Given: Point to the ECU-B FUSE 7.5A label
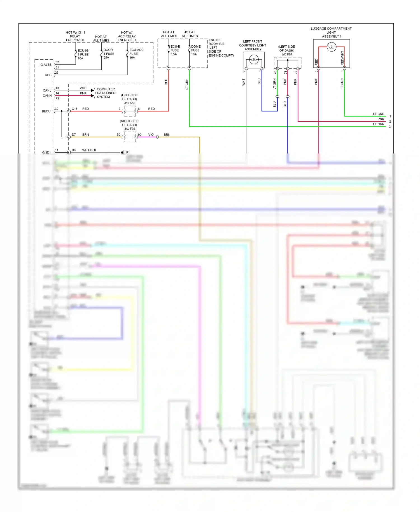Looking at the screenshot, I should pyautogui.click(x=175, y=50).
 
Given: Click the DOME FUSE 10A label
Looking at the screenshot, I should pyautogui.click(x=195, y=50).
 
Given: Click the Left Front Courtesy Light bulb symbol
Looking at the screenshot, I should pyautogui.click(x=254, y=59).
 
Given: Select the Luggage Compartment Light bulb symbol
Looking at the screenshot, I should pyautogui.click(x=332, y=47).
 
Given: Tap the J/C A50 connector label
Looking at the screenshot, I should pyautogui.click(x=130, y=103).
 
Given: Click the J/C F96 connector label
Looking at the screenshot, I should pyautogui.click(x=130, y=129).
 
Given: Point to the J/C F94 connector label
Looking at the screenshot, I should pyautogui.click(x=287, y=54).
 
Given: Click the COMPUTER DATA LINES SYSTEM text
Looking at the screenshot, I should pyautogui.click(x=106, y=93).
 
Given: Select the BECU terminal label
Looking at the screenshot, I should pyautogui.click(x=46, y=111).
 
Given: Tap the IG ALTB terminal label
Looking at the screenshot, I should pyautogui.click(x=45, y=65).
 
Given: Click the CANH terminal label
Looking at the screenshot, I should pyautogui.click(x=47, y=96).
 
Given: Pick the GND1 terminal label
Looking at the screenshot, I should pyautogui.click(x=46, y=152).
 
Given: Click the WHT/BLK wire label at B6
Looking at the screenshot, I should pyautogui.click(x=89, y=150).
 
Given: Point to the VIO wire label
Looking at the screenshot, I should pyautogui.click(x=151, y=135).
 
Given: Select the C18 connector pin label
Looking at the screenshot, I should pyautogui.click(x=74, y=109).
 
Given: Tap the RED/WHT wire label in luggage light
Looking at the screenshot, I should pyautogui.click(x=342, y=58).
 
